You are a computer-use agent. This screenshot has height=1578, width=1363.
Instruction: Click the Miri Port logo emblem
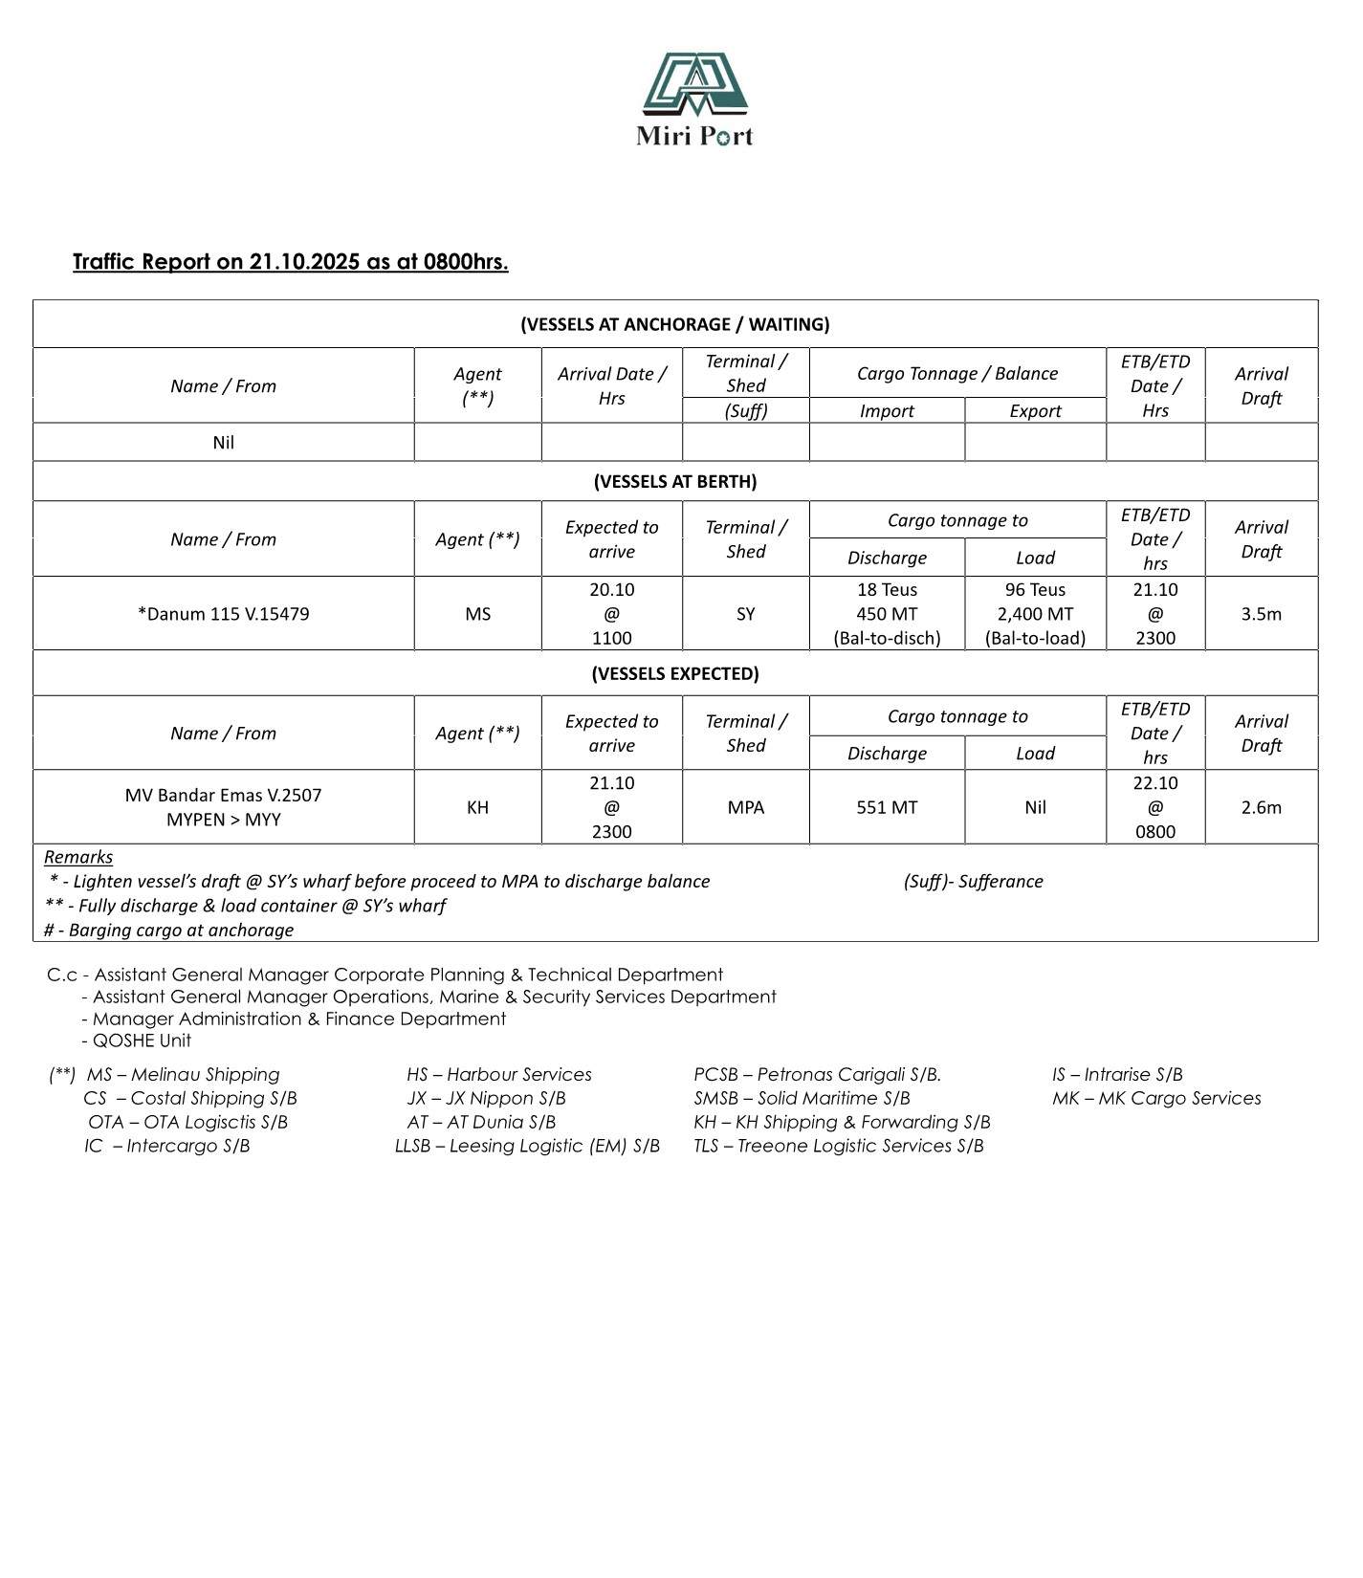pyautogui.click(x=694, y=84)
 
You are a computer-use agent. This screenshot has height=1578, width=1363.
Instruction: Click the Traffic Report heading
pyautogui.click(x=290, y=262)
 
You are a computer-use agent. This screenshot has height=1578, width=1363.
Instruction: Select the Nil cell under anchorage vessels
pyautogui.click(x=223, y=443)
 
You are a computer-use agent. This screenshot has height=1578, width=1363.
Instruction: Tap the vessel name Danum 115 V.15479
pyautogui.click(x=223, y=614)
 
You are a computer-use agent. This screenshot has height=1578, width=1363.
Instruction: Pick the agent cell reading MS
pyautogui.click(x=477, y=614)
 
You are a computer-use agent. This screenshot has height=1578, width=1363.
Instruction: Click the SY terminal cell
pyautogui.click(x=745, y=614)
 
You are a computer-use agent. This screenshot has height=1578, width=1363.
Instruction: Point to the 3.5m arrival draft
pyautogui.click(x=1261, y=614)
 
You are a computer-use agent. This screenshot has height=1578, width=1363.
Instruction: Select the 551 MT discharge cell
pyautogui.click(x=887, y=807)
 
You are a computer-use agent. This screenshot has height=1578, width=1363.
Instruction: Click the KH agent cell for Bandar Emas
pyautogui.click(x=477, y=807)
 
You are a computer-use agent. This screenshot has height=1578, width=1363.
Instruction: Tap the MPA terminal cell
pyautogui.click(x=745, y=807)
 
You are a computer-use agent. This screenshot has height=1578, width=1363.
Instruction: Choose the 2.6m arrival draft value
pyautogui.click(x=1261, y=807)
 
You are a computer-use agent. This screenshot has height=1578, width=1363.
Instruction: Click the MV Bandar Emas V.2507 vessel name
pyautogui.click(x=223, y=795)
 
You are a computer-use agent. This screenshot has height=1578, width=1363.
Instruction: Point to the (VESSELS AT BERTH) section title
pyautogui.click(x=674, y=481)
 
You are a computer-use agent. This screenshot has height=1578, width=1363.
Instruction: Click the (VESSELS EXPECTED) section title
pyautogui.click(x=674, y=673)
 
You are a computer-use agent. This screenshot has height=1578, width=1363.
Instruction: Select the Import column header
pyautogui.click(x=887, y=411)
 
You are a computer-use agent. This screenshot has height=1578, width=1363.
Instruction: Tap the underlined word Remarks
pyautogui.click(x=78, y=857)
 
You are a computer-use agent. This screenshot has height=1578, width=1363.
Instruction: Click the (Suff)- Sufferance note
pyautogui.click(x=973, y=881)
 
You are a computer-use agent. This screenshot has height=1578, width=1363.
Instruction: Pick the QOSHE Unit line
pyautogui.click(x=142, y=1041)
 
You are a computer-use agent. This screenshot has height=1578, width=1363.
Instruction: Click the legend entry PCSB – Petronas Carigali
pyautogui.click(x=817, y=1074)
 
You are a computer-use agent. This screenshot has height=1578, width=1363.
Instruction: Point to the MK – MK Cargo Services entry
pyautogui.click(x=1156, y=1098)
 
